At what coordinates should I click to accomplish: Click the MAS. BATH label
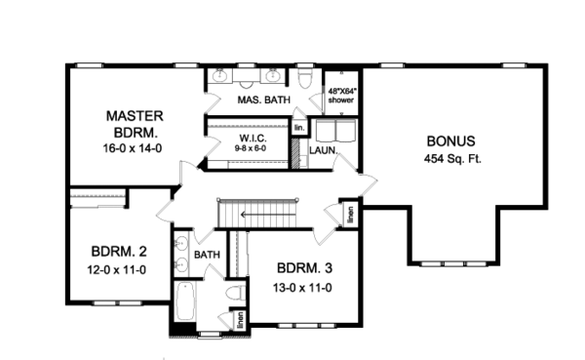(x=260, y=100)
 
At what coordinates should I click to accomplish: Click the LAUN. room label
(x=324, y=151)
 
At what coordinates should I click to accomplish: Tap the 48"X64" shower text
(x=342, y=94)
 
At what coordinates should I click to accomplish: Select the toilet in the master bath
(x=304, y=78)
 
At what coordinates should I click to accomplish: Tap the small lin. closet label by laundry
(x=299, y=128)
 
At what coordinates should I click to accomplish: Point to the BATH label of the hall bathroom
(x=208, y=255)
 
